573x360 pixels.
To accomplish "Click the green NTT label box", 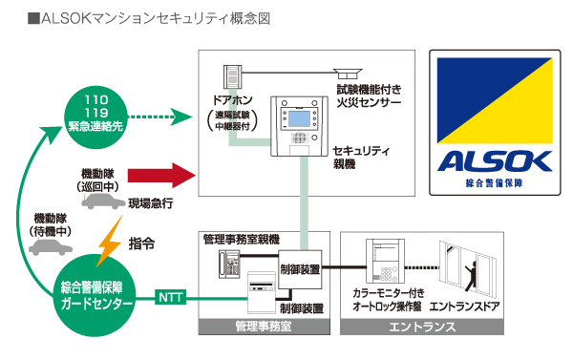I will coord(173,298).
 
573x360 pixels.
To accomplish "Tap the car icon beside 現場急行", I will coord(104,204).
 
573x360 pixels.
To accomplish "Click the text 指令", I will coord(142,244).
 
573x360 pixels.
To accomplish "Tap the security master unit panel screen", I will coord(300,117).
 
